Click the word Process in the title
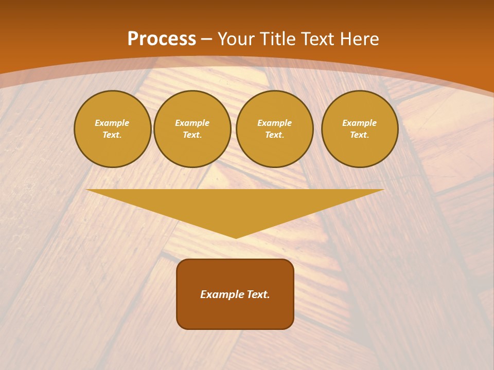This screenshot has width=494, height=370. point(162,39)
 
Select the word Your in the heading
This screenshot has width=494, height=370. point(237,39)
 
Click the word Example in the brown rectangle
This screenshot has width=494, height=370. point(221,294)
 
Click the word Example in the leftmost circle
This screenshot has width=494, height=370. point(112,123)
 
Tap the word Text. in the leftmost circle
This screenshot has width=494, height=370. point(112,135)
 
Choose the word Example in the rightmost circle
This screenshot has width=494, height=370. point(359,123)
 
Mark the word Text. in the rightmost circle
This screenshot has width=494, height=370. point(359,135)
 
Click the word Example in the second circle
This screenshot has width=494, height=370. point(192,123)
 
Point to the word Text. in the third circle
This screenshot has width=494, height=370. point(274,135)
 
